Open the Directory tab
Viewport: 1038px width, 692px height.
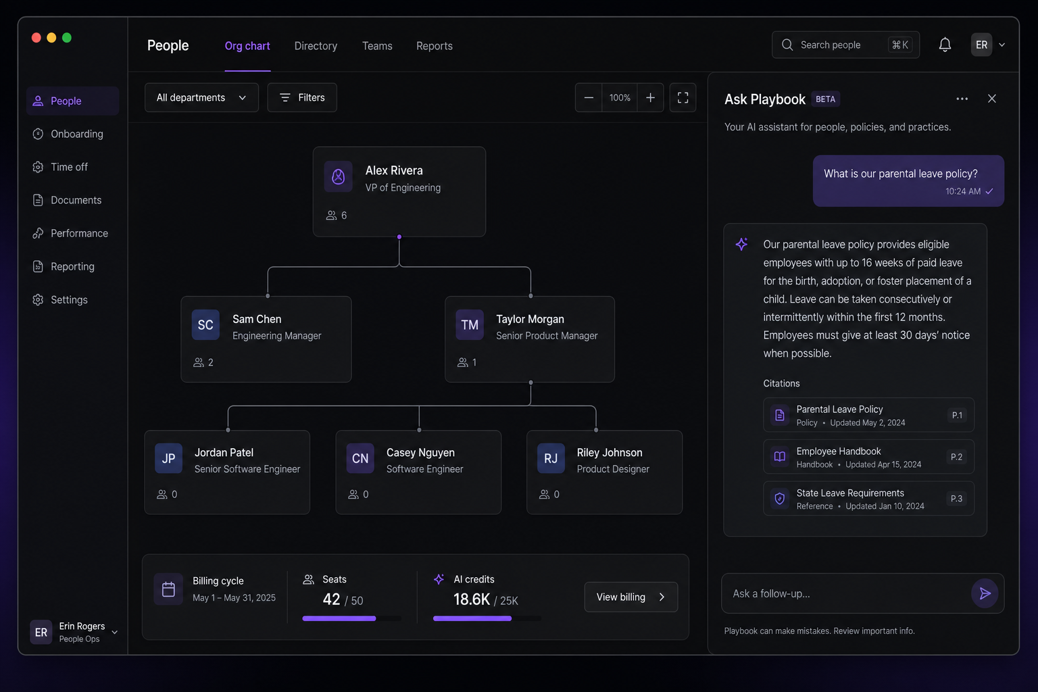[x=316, y=46]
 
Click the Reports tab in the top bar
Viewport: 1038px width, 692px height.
[x=435, y=46]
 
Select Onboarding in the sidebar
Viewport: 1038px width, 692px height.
[x=77, y=134]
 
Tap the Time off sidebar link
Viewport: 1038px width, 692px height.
[x=69, y=167]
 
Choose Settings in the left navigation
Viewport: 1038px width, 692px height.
[x=69, y=300]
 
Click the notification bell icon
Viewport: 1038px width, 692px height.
[x=945, y=45]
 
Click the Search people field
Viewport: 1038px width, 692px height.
[x=845, y=45]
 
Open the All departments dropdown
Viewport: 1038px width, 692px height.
[x=201, y=97]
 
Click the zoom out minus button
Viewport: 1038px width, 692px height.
[x=589, y=98]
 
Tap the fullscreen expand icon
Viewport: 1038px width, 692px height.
[x=683, y=98]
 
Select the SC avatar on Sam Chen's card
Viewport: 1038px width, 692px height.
[x=205, y=324]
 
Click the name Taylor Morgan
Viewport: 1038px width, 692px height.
[x=530, y=319]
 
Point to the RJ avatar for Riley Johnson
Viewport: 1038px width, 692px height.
[x=551, y=458]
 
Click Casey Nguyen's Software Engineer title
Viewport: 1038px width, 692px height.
[x=424, y=469]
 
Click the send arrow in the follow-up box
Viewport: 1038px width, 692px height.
[x=984, y=593]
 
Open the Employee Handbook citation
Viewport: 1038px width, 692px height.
[x=868, y=457]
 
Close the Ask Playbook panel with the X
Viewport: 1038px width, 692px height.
[x=991, y=99]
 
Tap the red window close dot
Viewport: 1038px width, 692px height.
[x=36, y=38]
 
